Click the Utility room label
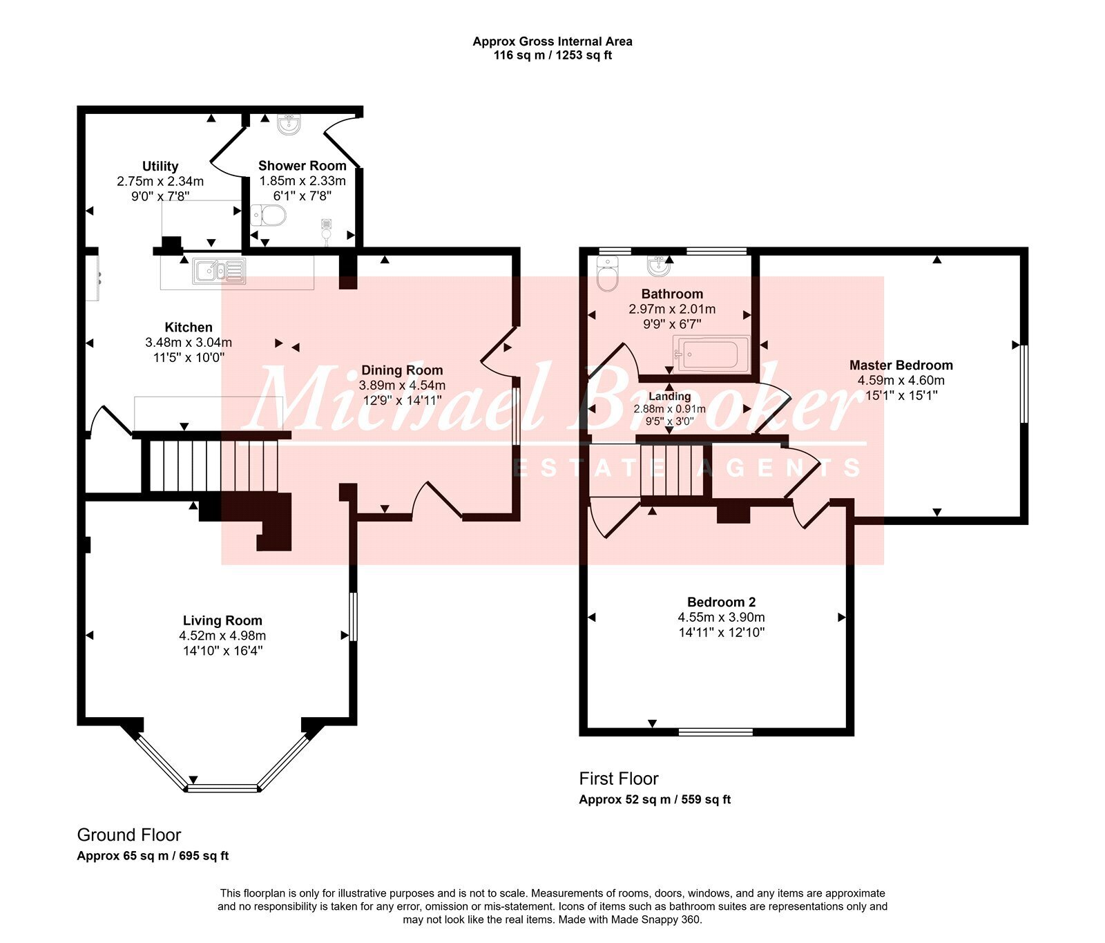point(160,166)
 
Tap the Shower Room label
point(302,166)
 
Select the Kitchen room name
point(189,327)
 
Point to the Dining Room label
point(402,370)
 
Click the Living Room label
point(222,620)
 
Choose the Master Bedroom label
point(901,365)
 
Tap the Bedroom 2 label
point(722,602)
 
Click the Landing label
point(670,397)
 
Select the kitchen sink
point(220,271)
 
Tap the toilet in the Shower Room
point(268,216)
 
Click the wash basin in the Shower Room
point(289,124)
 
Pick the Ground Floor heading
point(129,835)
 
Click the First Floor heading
point(619,779)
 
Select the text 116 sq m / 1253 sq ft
point(552,55)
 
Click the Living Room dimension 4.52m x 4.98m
point(222,636)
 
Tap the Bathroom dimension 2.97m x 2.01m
point(672,309)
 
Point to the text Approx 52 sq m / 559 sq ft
point(655,800)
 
